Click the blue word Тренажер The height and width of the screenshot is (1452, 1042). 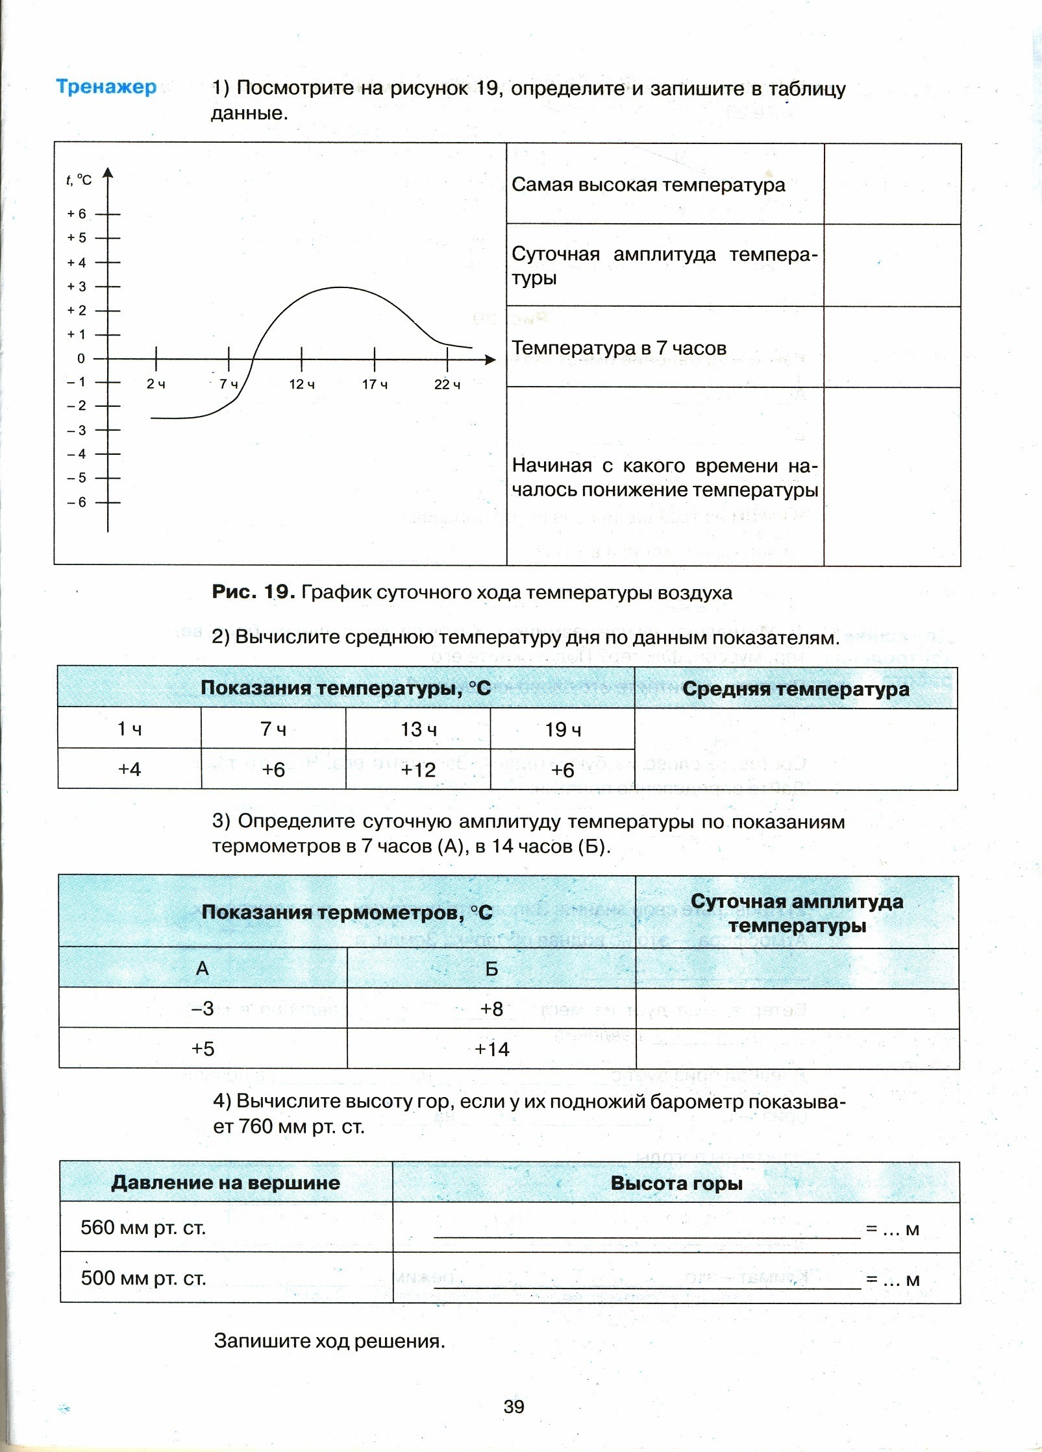coord(106,87)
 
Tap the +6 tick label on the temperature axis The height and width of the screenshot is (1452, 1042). coord(77,213)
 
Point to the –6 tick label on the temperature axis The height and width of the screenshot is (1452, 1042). coord(77,502)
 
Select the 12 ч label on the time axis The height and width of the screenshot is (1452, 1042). coord(302,385)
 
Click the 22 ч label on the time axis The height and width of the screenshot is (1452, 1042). coord(447,385)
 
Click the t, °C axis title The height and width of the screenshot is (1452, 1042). coord(79,180)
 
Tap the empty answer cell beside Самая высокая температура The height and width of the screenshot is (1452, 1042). coord(892,184)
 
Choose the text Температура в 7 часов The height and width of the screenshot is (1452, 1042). coord(619,348)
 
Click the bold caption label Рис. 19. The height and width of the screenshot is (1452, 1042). coord(253,592)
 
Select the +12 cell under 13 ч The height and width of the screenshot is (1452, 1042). coord(418,770)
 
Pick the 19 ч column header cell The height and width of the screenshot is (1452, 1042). coord(562,729)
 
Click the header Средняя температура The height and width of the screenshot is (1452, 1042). coord(795,689)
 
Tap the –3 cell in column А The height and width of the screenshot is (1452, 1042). coord(203,1008)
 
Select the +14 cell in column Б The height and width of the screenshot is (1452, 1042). coord(491,1048)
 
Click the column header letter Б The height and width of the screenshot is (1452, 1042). coord(491,969)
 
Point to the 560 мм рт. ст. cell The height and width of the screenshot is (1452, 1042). coord(143,1228)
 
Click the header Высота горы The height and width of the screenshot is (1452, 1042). coord(676,1183)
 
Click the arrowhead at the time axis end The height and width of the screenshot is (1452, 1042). coord(490,359)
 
